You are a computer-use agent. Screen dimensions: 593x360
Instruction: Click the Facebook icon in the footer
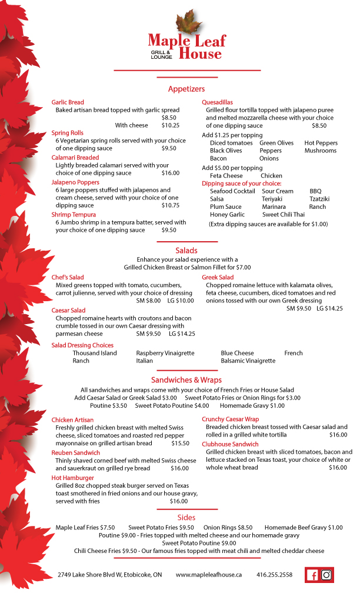tap(312, 575)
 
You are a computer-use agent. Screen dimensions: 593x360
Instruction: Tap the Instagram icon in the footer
tap(326, 575)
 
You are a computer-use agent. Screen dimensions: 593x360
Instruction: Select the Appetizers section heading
tap(186, 89)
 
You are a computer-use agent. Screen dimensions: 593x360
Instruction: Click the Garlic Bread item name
tap(68, 102)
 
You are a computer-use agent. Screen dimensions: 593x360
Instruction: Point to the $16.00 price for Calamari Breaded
tap(170, 174)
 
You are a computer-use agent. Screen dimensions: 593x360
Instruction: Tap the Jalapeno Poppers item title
tap(75, 182)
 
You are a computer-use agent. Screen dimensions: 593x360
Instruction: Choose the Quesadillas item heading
tap(217, 102)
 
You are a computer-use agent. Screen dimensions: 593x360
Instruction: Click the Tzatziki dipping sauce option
tap(319, 199)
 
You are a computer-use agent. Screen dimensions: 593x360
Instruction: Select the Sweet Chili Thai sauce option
tap(284, 215)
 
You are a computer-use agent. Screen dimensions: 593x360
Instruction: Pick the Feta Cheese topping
tap(226, 176)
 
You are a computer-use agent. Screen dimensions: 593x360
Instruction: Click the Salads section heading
tap(186, 251)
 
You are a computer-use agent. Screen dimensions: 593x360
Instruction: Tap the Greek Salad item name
tap(218, 278)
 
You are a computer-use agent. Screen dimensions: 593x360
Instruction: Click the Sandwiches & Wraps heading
tap(186, 380)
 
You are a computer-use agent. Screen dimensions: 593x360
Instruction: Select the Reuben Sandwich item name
tap(76, 453)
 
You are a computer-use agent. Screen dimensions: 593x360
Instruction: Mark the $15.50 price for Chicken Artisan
tap(180, 444)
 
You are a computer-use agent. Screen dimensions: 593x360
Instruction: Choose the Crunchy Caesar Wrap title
tap(231, 419)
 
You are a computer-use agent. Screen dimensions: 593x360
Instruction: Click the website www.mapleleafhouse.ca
tap(209, 575)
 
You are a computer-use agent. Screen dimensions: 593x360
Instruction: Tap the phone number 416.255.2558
tap(275, 575)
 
